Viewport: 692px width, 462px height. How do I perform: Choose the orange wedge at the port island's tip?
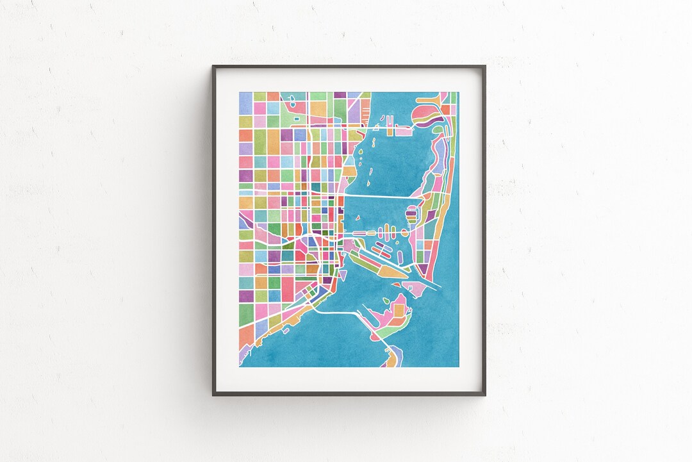tap(390, 271)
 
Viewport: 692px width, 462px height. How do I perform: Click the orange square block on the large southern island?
tap(400, 311)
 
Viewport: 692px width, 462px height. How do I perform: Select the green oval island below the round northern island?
tap(438, 130)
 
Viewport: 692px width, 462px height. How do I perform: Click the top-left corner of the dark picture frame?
tap(213, 66)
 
